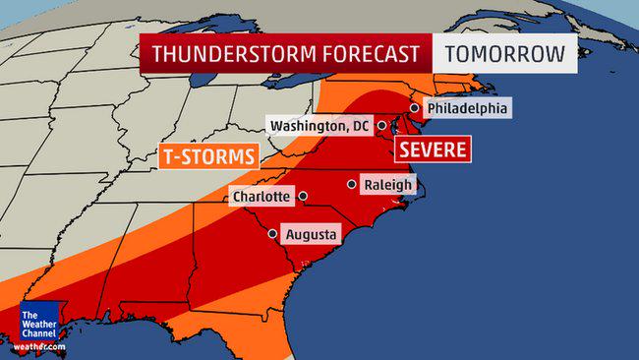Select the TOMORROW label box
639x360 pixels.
tap(506, 54)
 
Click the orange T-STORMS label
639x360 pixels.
tap(208, 155)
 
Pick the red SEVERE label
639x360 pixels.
tap(433, 150)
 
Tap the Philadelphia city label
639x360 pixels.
tap(468, 108)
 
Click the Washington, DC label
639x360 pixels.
tap(321, 126)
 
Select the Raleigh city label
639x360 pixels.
tap(388, 185)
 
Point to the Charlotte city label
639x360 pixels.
tap(261, 197)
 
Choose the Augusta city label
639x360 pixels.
tap(311, 235)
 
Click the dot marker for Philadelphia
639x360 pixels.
tap(415, 108)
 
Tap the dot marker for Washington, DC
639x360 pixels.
tap(380, 126)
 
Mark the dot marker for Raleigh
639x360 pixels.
tap(351, 184)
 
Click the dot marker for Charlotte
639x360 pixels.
tap(303, 196)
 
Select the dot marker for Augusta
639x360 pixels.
tap(272, 235)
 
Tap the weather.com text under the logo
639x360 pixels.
tap(40, 347)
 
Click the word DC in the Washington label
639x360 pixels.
tap(361, 126)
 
